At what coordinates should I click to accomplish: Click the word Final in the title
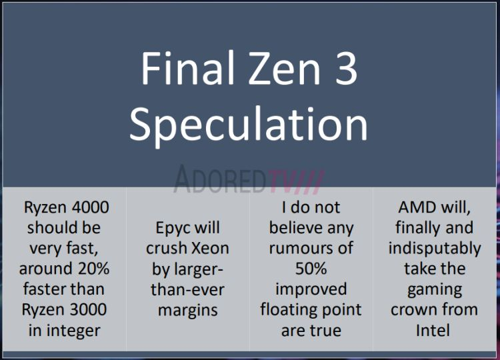(187, 68)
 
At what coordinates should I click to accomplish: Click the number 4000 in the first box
(91, 207)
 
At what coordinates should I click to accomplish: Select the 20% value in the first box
(93, 269)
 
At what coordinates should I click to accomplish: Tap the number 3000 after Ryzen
(88, 309)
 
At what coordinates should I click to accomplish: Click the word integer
(73, 331)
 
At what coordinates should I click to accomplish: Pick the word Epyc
(171, 229)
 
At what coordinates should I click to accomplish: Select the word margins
(188, 310)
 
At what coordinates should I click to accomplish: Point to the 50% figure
(311, 269)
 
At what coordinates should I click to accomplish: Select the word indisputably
(435, 249)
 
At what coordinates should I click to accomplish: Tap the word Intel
(433, 331)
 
